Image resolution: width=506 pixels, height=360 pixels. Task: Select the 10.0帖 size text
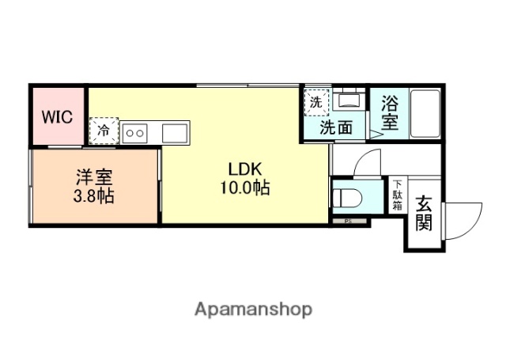point(245,188)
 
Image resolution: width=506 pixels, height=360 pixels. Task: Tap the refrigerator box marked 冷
point(104,131)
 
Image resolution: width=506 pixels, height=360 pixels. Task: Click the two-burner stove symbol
point(134,132)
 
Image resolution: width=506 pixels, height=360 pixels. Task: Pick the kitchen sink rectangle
point(176,132)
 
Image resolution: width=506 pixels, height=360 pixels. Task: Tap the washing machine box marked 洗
point(316,102)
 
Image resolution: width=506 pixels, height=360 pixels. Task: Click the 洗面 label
point(335,127)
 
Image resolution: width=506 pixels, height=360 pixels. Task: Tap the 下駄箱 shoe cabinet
point(397,195)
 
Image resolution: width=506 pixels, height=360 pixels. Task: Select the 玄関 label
point(425,213)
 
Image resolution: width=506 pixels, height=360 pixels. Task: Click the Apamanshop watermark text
point(253,308)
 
